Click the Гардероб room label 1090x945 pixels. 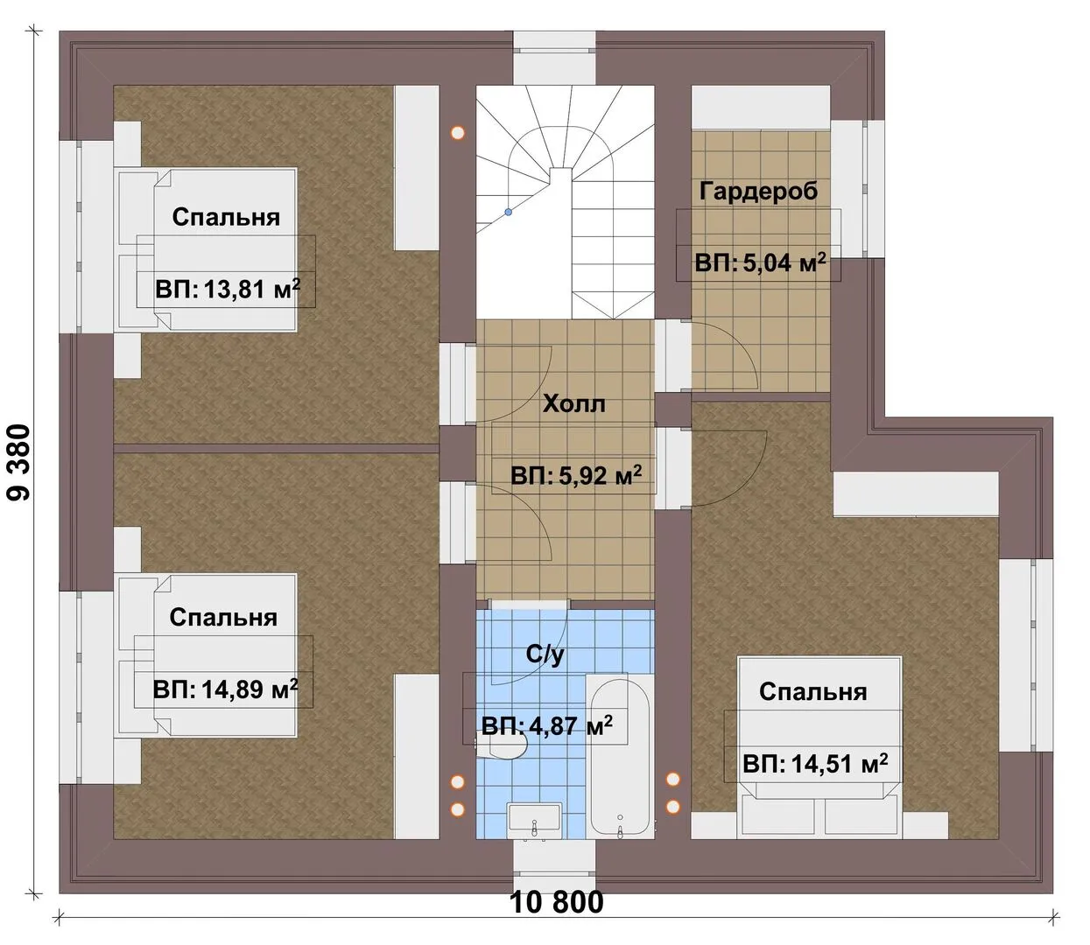tap(757, 191)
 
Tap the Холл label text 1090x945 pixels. tap(573, 404)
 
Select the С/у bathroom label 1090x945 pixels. tap(545, 654)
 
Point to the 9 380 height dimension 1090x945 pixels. tap(21, 462)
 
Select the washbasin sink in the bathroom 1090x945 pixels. tap(534, 819)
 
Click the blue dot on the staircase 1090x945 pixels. tap(509, 212)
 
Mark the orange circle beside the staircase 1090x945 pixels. tap(457, 133)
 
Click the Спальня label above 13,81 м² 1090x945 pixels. tap(226, 218)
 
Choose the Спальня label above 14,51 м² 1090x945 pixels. tap(813, 692)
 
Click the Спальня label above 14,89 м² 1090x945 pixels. tap(223, 618)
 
